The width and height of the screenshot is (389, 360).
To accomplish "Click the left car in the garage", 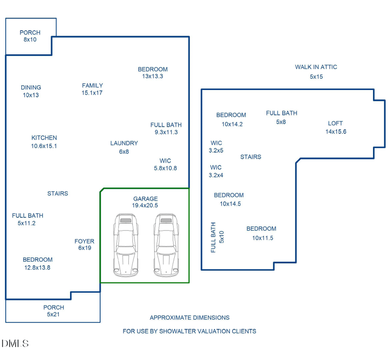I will tap(125, 246).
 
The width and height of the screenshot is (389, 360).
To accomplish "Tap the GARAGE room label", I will tap(145, 198).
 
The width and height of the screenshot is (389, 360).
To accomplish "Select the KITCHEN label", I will tap(44, 138).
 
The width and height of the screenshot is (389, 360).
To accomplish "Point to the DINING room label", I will tap(31, 88).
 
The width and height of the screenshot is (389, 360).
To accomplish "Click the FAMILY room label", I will tap(92, 86).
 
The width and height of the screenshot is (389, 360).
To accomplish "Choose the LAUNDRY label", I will tap(124, 143).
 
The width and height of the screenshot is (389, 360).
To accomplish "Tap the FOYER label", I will tap(84, 241).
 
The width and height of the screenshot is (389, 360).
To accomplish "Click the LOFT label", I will tap(336, 124).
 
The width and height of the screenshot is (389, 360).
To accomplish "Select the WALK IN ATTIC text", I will tap(316, 67).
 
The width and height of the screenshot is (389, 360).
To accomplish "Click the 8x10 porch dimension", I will tap(30, 39).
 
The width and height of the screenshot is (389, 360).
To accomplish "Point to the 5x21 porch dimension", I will tap(53, 314).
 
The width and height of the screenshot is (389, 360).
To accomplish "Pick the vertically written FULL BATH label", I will tap(213, 237).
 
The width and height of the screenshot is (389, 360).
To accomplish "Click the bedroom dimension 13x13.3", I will tap(152, 76).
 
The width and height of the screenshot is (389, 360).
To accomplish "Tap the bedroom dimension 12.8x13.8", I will tap(37, 267).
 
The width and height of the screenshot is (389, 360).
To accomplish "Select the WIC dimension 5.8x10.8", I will tap(165, 168).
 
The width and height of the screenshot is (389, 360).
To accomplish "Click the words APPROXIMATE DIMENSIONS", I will tap(189, 318).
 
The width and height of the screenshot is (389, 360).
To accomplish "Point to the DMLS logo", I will tap(15, 343).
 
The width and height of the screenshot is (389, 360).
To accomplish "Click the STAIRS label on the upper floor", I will tap(250, 157).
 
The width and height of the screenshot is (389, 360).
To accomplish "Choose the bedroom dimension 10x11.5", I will tap(263, 238).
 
